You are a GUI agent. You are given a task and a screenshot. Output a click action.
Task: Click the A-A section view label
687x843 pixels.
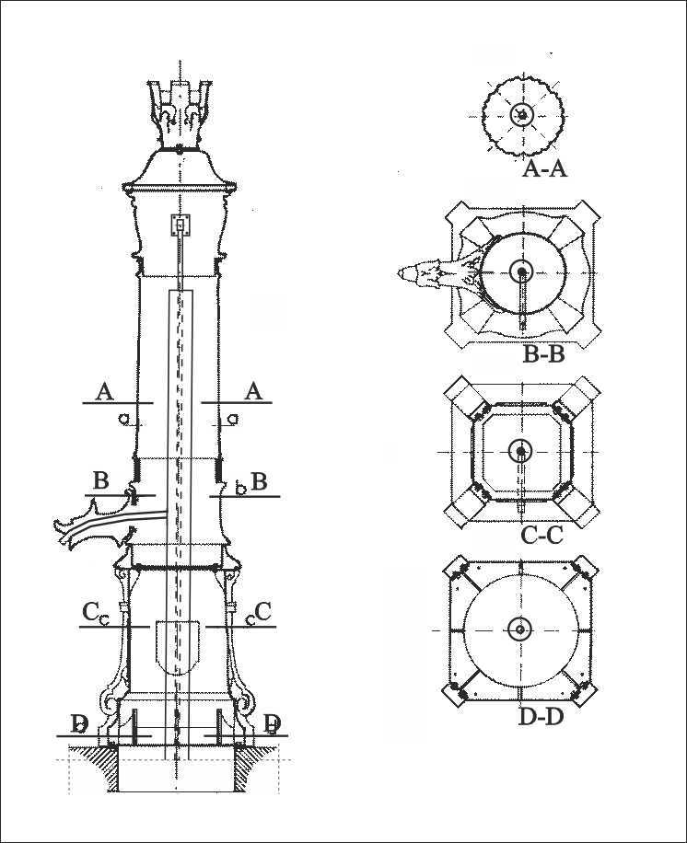(x=544, y=169)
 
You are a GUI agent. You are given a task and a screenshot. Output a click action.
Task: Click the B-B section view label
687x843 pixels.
(x=544, y=355)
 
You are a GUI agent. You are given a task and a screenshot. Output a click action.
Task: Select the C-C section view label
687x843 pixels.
(x=541, y=536)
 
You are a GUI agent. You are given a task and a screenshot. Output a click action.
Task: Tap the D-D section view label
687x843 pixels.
(x=541, y=717)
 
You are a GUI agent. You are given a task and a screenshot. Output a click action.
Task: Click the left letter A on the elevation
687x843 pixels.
(x=105, y=392)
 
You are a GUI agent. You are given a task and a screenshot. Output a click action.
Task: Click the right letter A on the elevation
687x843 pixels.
(x=253, y=391)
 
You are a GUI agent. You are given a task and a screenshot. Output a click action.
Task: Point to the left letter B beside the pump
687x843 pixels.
(x=100, y=480)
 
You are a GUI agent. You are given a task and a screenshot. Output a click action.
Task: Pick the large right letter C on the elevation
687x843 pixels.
(x=263, y=611)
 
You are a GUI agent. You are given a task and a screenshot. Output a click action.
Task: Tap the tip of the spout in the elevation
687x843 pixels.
(x=56, y=523)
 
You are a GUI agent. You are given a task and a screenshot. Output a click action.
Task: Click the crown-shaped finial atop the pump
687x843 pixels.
(x=180, y=114)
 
